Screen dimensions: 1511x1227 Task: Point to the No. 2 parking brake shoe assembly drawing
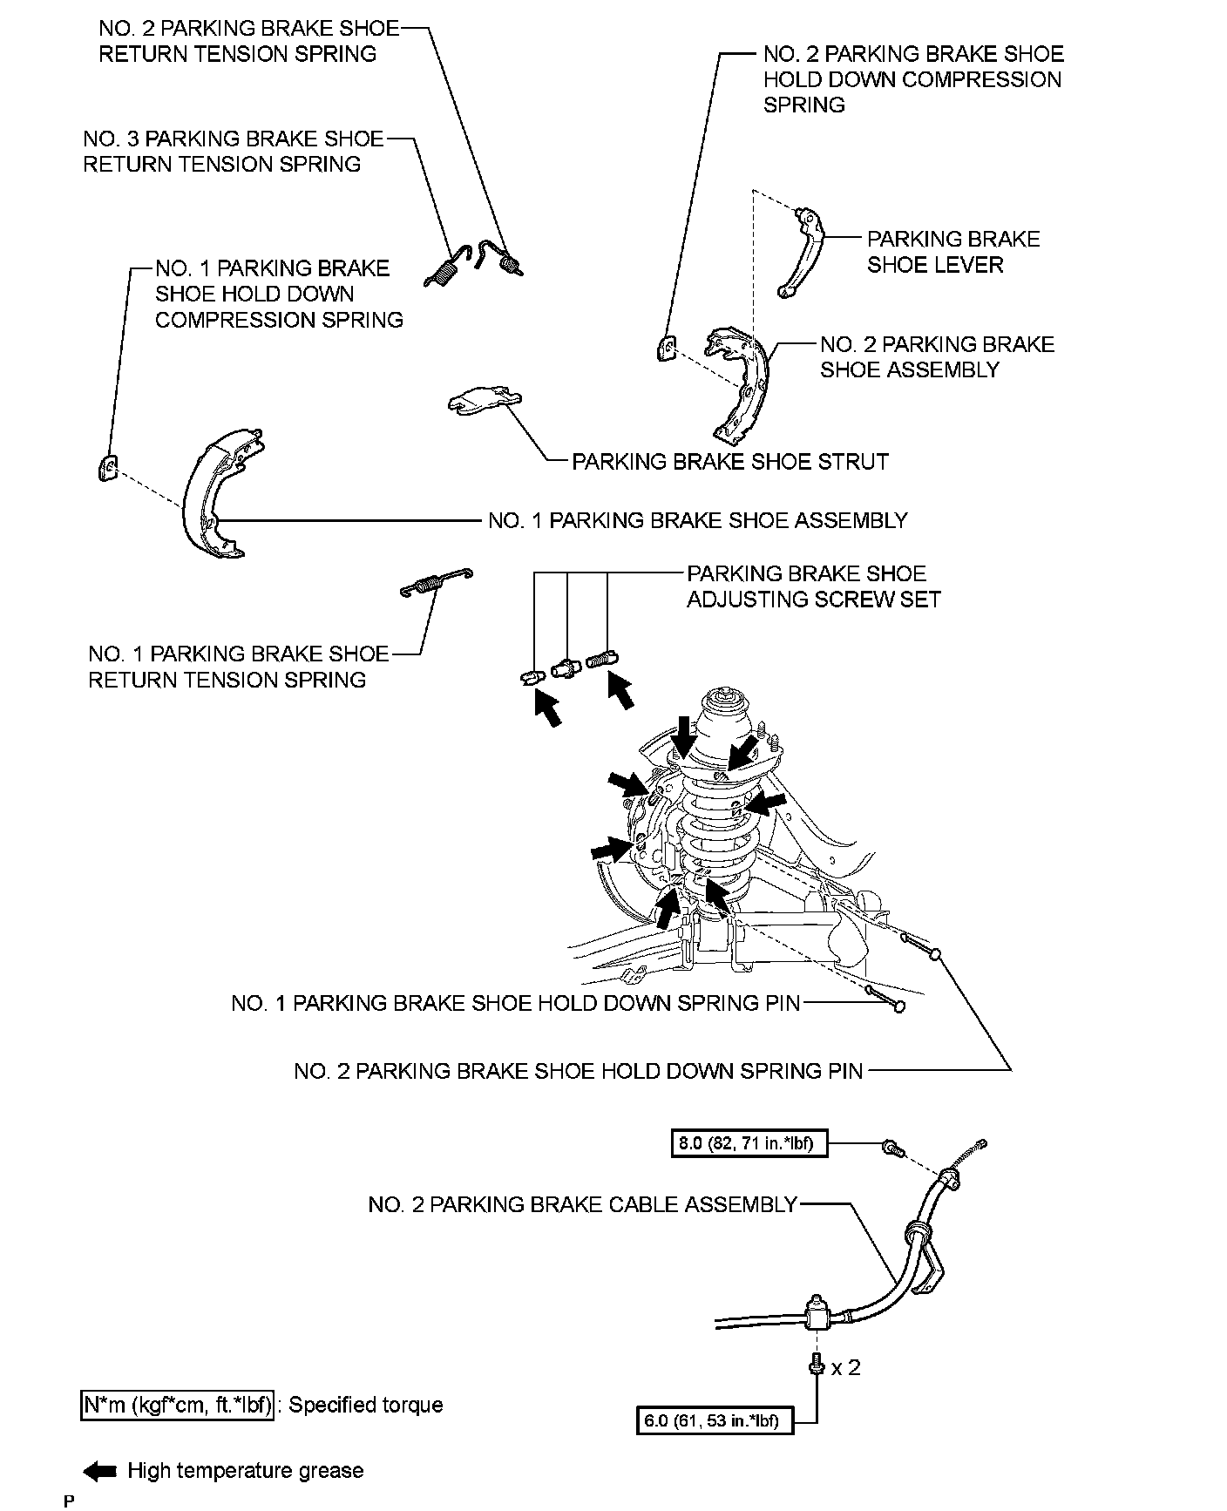741,383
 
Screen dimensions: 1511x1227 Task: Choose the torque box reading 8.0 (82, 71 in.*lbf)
749,1142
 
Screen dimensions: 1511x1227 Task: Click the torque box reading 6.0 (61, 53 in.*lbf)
715,1421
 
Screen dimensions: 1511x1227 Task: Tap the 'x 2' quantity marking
845,1367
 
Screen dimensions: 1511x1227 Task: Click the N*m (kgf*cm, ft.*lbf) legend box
177,1405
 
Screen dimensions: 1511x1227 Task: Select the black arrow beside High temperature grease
100,1472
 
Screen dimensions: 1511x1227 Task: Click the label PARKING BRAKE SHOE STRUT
729,462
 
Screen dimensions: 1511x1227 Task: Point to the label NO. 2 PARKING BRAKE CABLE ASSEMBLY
582,1204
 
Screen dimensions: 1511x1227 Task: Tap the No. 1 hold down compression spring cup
106,468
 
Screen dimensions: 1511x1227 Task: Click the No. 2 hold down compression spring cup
665,348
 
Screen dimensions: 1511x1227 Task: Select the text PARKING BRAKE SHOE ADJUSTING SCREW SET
813,586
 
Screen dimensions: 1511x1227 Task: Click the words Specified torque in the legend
366,1405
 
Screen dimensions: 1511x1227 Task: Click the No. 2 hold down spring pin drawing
919,945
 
